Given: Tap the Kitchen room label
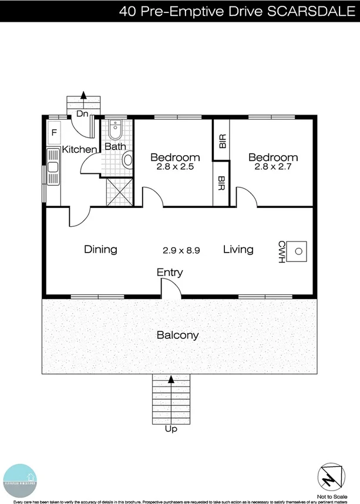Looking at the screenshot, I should pos(79,150).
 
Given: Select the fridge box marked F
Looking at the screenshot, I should pos(54,133).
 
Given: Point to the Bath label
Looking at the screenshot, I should pos(115,146).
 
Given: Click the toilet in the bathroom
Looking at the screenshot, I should pos(127,160).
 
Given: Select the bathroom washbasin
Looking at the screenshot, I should pos(115,128).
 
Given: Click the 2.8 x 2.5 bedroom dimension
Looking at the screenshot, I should pos(175,167).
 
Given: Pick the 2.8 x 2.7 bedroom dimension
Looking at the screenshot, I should pos(272,167).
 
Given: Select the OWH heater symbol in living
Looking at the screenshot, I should pos(299,251).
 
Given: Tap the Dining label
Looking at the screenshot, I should pos(100,250).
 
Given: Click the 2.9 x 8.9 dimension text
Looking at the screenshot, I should pos(181,250).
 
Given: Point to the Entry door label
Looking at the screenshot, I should pos(170,273).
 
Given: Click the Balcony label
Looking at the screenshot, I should pos(177,336).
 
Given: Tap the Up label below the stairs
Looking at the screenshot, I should pos(171,429).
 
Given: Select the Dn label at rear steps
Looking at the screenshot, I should pos(83,114).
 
